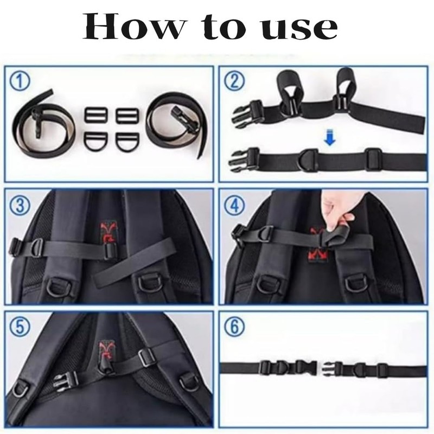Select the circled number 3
tap(21, 205)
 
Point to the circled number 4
tap(235, 205)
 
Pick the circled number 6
tap(235, 328)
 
